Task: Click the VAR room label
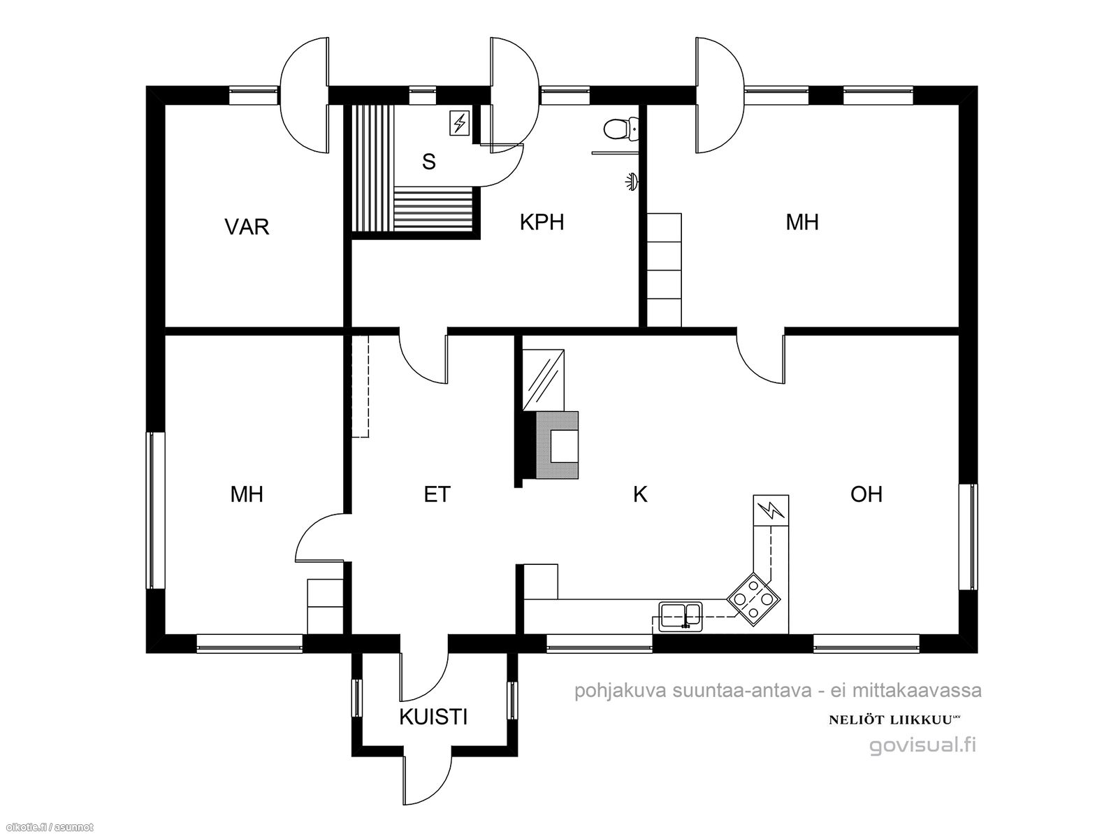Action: coord(247,227)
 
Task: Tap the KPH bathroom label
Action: coord(542,222)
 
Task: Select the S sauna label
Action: coord(429,162)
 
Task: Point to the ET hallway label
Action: coord(437,494)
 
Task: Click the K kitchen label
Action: coord(640,494)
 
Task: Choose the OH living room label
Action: coord(866,494)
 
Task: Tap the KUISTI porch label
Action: coord(433,717)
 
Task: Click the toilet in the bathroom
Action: coord(621,129)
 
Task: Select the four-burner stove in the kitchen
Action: coord(753,599)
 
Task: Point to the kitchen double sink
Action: coord(681,617)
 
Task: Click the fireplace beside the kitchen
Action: coord(557,445)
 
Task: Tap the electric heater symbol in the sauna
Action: coord(459,123)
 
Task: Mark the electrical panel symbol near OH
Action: coord(771,510)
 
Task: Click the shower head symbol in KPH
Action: coord(632,181)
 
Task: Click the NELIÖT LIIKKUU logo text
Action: coord(894,720)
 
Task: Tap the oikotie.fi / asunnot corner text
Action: coord(47,827)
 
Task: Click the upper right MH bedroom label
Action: coord(802,222)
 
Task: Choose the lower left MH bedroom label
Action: coord(247,494)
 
